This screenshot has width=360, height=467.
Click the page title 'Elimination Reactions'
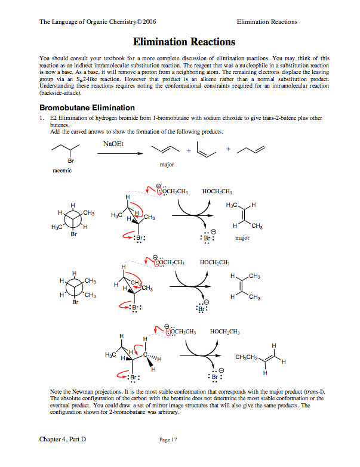[x=184, y=42]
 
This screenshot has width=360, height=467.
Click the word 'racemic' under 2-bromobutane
[x=62, y=171]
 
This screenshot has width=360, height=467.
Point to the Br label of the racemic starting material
[x=72, y=161]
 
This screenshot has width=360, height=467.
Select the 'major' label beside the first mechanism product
[x=242, y=238]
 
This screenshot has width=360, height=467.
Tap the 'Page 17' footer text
[x=170, y=440]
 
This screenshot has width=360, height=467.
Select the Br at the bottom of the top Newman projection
[x=74, y=234]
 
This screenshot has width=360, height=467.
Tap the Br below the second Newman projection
[x=75, y=302]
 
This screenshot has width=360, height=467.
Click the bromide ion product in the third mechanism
[x=214, y=378]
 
